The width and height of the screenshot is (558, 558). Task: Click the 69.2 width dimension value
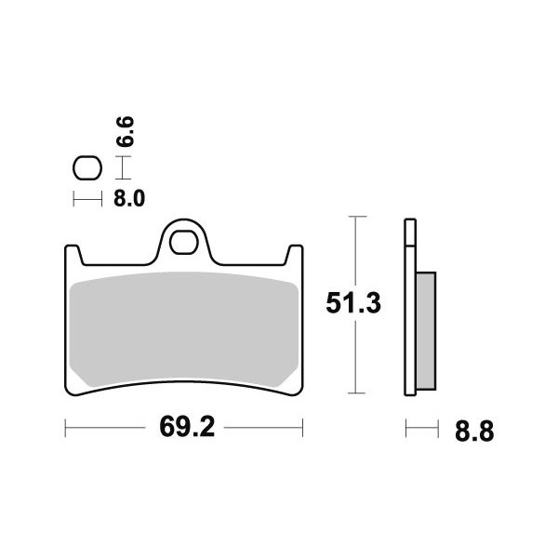tap(187, 427)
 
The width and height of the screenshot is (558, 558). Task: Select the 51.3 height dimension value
tap(353, 303)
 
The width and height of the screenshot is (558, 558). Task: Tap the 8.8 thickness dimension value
tap(474, 432)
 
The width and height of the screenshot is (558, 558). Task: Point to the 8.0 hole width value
tap(129, 199)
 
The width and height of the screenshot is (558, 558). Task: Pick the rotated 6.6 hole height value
tap(126, 131)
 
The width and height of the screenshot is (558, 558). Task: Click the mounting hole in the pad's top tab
tap(183, 242)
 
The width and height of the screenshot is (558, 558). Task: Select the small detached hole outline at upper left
tap(87, 167)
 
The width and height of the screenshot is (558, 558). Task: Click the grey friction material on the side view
tap(426, 331)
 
